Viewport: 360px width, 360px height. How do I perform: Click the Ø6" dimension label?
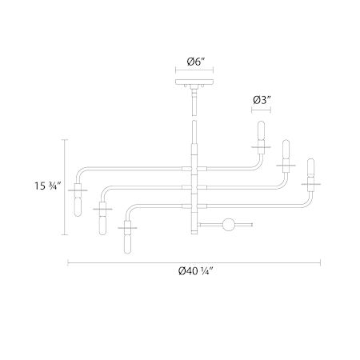(x=195, y=62)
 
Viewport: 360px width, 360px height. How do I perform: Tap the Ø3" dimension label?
(x=262, y=100)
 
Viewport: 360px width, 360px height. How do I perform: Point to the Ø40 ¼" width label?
(x=196, y=271)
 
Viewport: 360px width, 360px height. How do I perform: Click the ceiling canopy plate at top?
(x=194, y=82)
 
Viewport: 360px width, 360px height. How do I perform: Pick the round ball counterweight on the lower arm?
(x=229, y=225)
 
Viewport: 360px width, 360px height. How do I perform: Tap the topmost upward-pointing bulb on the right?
(x=261, y=130)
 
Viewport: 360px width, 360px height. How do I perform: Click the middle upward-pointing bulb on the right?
(x=286, y=149)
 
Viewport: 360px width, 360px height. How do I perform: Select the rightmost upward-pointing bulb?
(x=310, y=167)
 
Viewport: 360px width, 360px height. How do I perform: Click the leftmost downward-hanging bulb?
(x=78, y=206)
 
